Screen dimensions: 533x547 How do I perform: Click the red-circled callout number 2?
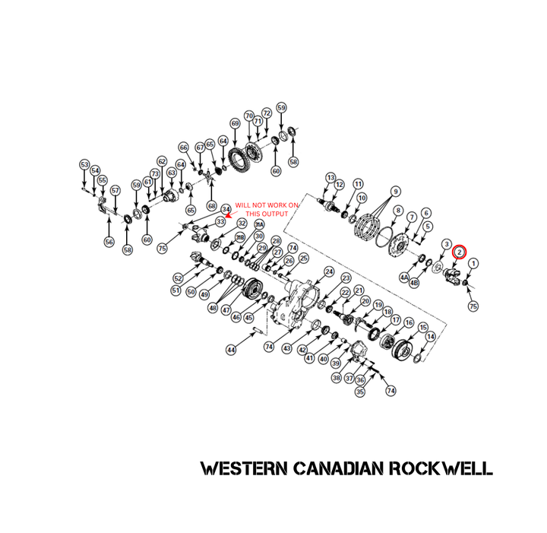click(460, 252)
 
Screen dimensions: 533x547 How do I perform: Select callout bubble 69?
click(235, 123)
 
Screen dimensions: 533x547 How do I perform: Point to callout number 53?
click(84, 164)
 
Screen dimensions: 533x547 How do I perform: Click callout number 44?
click(231, 350)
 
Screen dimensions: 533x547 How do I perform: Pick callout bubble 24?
click(329, 271)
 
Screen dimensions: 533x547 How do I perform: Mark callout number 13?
click(330, 177)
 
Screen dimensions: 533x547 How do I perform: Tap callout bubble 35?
click(360, 392)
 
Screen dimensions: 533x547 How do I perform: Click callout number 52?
click(179, 278)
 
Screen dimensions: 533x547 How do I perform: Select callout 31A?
click(258, 225)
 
